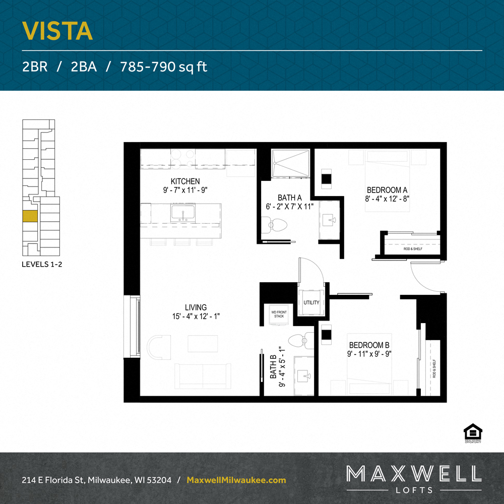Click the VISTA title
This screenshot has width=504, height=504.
pos(57,31)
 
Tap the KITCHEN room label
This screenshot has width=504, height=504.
pos(185,181)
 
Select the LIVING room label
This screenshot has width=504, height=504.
pos(196,307)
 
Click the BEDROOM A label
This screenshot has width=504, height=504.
pos(387,190)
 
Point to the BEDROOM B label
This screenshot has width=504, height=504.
pos(369,345)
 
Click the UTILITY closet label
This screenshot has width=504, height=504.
pos(311,302)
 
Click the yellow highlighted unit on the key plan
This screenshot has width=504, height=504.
pos(30,216)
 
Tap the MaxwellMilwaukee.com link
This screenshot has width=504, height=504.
pos(236,480)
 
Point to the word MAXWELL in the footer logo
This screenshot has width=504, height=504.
pos(413,473)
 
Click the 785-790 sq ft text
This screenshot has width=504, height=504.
pos(164,67)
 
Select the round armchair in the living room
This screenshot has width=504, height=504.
pos(159,347)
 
